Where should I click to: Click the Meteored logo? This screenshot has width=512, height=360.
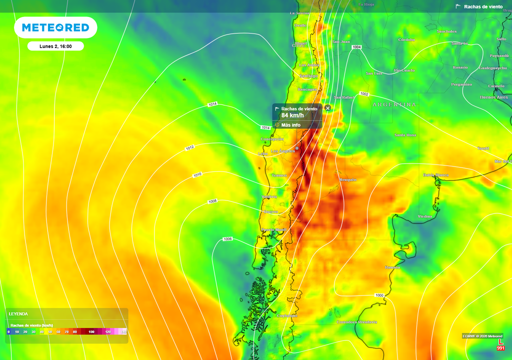[55, 28]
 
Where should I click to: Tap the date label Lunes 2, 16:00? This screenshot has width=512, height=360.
[55, 46]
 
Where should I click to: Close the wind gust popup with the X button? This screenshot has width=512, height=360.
[328, 108]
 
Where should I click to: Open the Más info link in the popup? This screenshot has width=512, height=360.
[290, 125]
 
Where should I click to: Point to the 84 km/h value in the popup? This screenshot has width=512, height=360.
[292, 115]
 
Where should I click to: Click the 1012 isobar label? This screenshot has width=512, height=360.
[190, 148]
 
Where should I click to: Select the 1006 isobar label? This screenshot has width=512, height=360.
[227, 239]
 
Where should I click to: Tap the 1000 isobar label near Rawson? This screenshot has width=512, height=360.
[379, 295]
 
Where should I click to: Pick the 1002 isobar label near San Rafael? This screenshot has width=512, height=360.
[364, 94]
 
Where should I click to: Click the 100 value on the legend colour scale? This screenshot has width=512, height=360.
[91, 331]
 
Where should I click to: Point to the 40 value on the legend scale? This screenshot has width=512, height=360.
[42, 331]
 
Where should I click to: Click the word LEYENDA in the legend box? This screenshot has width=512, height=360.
[18, 314]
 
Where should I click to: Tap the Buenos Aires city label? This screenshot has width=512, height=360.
[493, 97]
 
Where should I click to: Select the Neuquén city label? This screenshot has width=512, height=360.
[347, 179]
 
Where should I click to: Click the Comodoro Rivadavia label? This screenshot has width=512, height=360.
[357, 322]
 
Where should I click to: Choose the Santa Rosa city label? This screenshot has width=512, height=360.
[405, 135]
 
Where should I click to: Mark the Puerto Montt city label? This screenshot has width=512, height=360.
[274, 229]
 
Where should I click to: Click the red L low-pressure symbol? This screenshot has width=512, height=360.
[500, 341]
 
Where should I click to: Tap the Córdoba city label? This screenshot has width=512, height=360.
[406, 39]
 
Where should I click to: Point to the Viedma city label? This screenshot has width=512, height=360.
[425, 216]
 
